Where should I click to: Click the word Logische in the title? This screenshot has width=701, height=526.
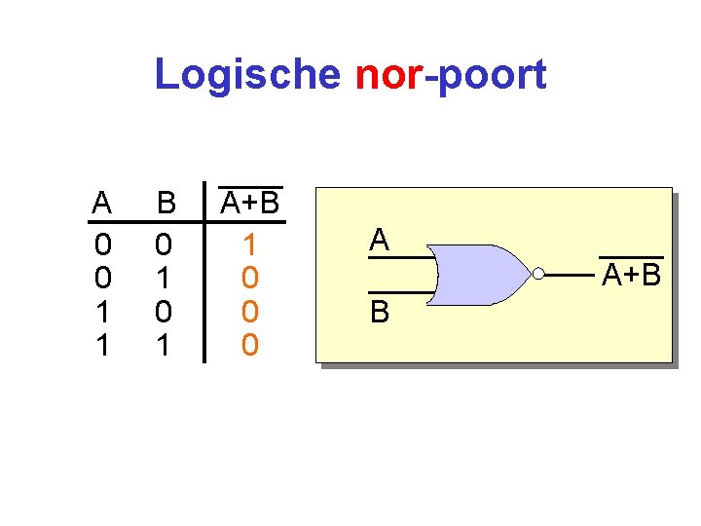pos(247,75)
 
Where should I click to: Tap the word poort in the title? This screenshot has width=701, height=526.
pos(492,75)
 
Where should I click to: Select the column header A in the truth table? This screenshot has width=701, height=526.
pos(101,204)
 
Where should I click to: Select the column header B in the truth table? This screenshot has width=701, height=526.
pos(166,204)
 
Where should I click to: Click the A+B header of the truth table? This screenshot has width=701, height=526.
pos(250,203)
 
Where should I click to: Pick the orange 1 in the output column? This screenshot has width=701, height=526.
pos(250,244)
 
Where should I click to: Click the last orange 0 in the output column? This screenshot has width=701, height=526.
pos(250,345)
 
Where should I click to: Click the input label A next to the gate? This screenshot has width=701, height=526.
pos(380,240)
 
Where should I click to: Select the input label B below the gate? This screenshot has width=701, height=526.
pos(380,312)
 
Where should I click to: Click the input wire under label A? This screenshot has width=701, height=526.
pos(399,259)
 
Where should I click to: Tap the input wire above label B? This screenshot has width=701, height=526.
pos(399,292)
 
